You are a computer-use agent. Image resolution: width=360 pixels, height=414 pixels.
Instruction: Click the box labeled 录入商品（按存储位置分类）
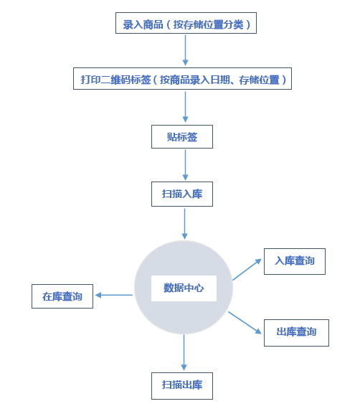[x=186, y=23]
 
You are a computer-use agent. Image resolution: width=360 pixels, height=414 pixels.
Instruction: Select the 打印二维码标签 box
[x=182, y=79]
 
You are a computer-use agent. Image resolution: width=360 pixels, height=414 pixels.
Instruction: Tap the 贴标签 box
[x=182, y=137]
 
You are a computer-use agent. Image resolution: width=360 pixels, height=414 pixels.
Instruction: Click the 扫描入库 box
[x=182, y=194]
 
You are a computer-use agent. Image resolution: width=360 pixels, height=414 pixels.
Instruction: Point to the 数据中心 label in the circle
[x=184, y=288]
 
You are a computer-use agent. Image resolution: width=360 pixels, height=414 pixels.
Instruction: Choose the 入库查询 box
[x=295, y=261]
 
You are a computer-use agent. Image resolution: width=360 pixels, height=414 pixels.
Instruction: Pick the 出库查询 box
[x=296, y=333]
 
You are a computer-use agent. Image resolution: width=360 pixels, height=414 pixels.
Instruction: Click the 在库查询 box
[x=62, y=296]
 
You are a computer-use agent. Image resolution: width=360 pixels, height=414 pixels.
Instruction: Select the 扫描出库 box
[x=182, y=386]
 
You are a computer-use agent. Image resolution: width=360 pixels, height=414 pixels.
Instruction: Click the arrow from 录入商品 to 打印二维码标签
[x=185, y=50]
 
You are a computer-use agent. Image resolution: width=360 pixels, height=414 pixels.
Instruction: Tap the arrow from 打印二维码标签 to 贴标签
[x=185, y=107]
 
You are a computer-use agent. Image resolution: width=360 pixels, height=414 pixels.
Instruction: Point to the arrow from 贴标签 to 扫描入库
[x=185, y=165]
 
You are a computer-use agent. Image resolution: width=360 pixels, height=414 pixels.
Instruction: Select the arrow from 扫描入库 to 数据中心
[x=185, y=224]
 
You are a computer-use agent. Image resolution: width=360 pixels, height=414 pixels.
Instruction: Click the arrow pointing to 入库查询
[x=247, y=269]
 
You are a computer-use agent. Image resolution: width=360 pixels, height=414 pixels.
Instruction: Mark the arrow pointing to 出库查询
[x=245, y=323]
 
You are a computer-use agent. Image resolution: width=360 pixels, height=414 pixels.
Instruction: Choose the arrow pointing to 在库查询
[x=114, y=295]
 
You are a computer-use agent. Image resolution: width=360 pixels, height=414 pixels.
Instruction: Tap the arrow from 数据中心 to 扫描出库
[x=184, y=352]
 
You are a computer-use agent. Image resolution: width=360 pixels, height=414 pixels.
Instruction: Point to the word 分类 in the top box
[x=233, y=24]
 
